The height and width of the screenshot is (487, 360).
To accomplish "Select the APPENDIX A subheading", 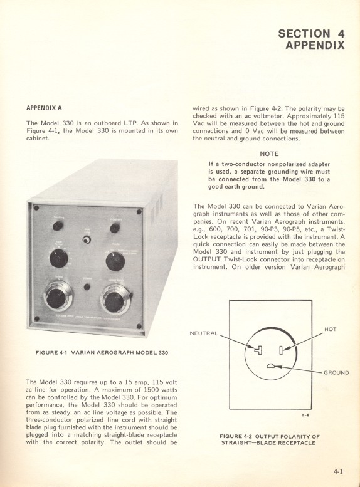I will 44,108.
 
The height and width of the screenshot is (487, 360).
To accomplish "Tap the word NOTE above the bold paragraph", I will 269,152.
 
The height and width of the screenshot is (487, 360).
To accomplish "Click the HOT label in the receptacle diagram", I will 331,328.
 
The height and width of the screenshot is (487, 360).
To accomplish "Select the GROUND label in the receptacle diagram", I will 337,372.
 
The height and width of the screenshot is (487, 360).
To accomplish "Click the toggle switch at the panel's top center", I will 87,240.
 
